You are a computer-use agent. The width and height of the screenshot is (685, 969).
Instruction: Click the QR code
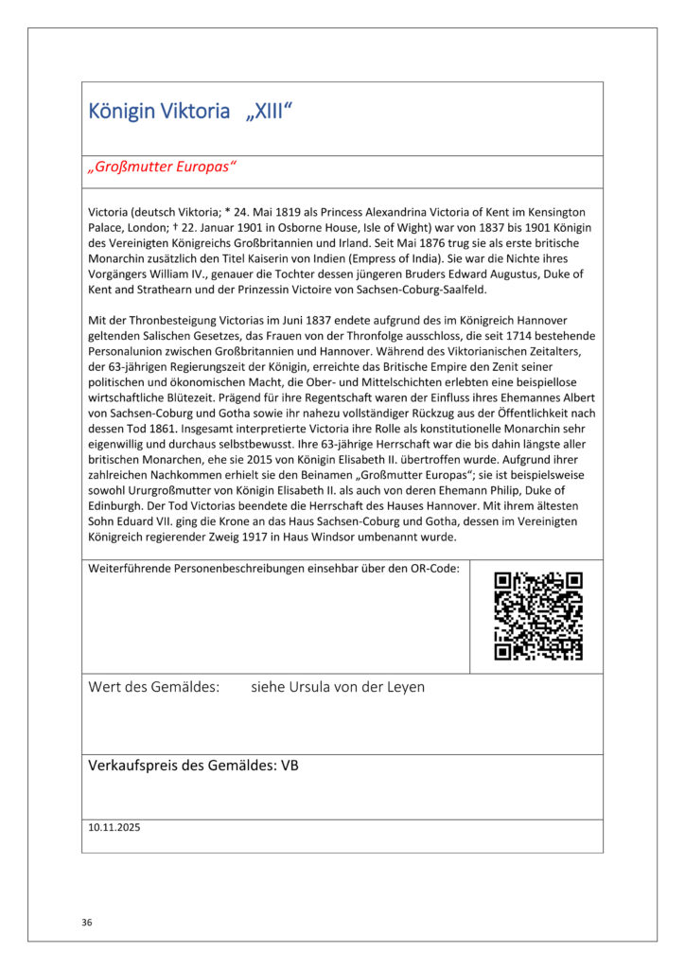coord(537,616)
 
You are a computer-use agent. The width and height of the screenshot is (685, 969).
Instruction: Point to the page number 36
coord(87,921)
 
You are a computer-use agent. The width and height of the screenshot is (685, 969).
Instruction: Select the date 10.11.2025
coord(114,826)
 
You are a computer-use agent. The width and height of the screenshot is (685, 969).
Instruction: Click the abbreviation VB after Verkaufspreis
coord(290,766)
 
